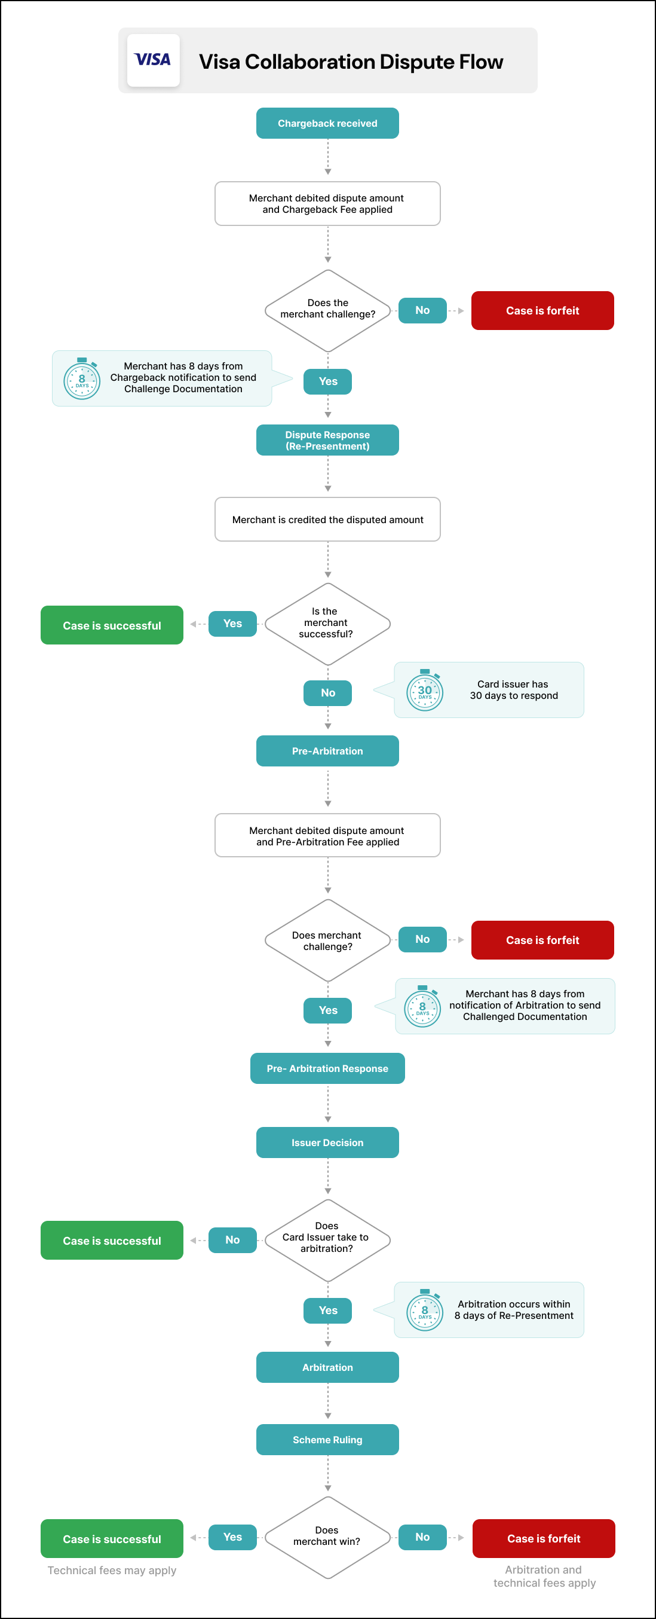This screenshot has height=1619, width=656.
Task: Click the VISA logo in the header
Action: click(x=153, y=60)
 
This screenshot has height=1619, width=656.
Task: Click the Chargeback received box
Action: click(x=327, y=123)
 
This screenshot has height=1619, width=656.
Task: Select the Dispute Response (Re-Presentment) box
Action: click(x=327, y=440)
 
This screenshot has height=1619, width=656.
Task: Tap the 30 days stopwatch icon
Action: click(x=425, y=691)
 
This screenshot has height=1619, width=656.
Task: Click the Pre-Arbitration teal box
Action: click(x=327, y=751)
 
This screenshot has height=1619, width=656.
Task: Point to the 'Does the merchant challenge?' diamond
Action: click(x=327, y=310)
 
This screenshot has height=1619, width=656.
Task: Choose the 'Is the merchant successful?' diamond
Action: click(x=327, y=624)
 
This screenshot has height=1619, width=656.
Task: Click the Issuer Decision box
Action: click(x=327, y=1142)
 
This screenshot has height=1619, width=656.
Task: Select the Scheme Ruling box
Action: click(x=327, y=1439)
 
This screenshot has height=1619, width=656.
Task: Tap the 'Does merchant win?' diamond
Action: click(x=327, y=1536)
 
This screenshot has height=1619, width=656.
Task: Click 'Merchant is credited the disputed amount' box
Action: click(x=327, y=519)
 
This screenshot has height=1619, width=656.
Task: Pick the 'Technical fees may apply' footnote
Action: click(x=112, y=1570)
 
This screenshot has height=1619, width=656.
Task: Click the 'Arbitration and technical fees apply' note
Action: click(x=544, y=1577)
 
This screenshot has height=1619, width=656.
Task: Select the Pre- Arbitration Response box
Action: click(x=327, y=1068)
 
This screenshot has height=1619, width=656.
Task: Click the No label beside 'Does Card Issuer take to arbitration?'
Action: click(x=232, y=1240)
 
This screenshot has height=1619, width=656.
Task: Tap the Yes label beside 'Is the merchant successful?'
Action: click(x=232, y=624)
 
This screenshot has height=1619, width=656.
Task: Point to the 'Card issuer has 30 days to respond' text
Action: click(x=513, y=689)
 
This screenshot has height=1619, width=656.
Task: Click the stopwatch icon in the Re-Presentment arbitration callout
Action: click(x=425, y=1311)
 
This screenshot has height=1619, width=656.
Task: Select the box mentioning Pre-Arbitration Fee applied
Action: click(x=327, y=835)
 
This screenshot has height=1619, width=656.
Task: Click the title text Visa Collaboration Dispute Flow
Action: click(x=351, y=62)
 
